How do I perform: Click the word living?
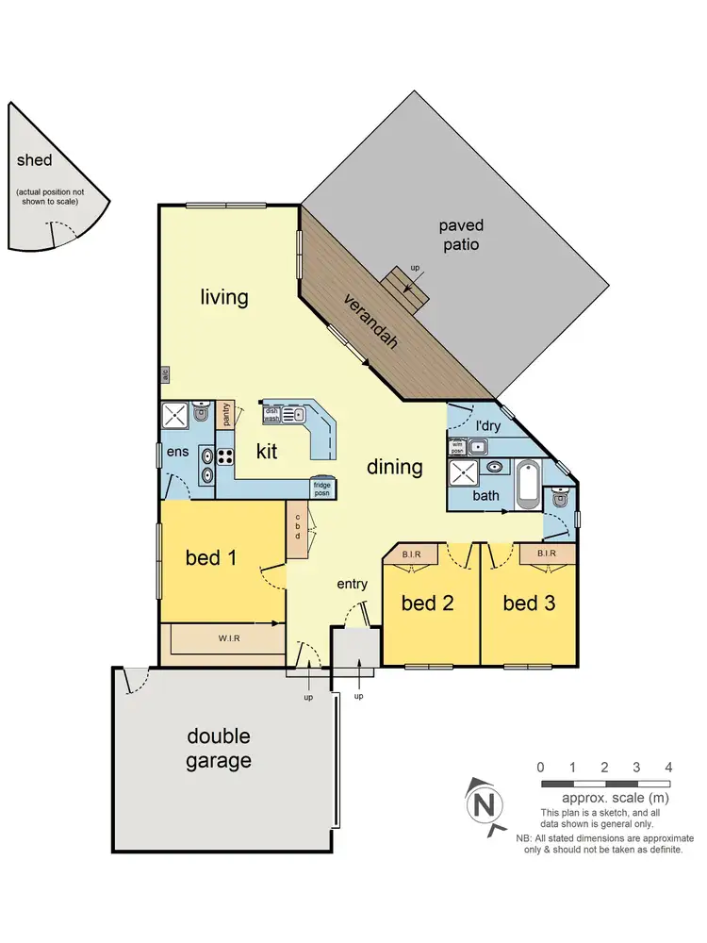pyautogui.click(x=224, y=298)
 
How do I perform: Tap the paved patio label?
pyautogui.click(x=460, y=235)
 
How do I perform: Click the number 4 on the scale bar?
pyautogui.click(x=668, y=767)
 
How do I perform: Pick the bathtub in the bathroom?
pyautogui.click(x=528, y=483)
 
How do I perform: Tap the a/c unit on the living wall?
pyautogui.click(x=164, y=374)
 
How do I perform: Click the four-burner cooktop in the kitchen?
pyautogui.click(x=226, y=455)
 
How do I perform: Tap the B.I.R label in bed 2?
pyautogui.click(x=411, y=554)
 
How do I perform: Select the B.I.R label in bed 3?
pyautogui.click(x=546, y=554)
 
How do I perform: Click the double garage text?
pyautogui.click(x=219, y=748)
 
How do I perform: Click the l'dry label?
pyautogui.click(x=487, y=425)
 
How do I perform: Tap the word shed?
pyautogui.click(x=35, y=160)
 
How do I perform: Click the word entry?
pyautogui.click(x=352, y=585)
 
